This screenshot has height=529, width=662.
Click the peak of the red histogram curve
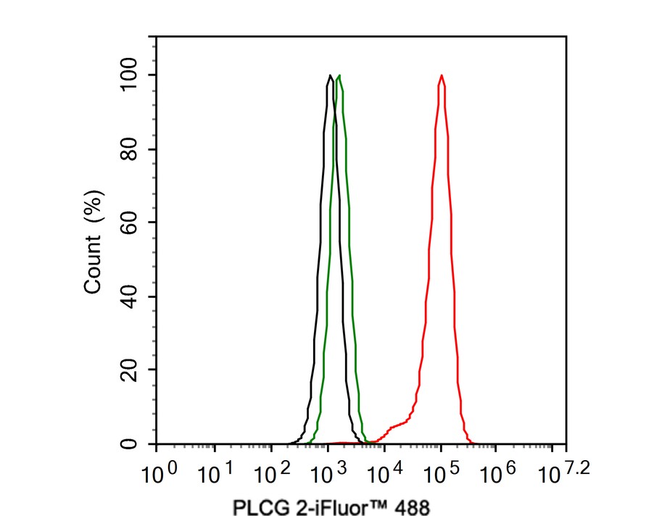point(441,75)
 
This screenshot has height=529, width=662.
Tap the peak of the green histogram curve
point(339,75)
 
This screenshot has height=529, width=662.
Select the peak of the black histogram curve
point(330,75)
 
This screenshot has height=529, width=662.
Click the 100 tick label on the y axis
point(131,75)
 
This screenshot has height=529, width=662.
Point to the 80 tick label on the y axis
point(131,149)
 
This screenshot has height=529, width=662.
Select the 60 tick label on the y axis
point(131,222)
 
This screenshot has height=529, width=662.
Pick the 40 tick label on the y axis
point(131,296)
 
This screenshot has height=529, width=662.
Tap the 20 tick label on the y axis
point(131,370)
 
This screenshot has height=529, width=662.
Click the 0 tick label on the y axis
point(131,443)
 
